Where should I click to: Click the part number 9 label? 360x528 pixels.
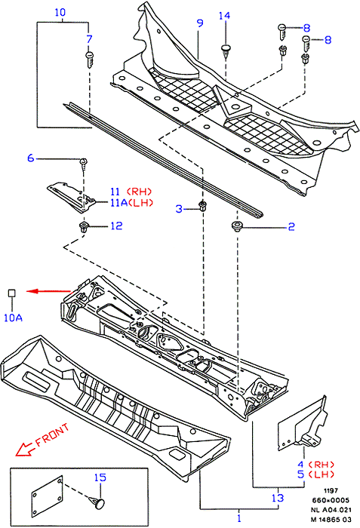click(x=200, y=23)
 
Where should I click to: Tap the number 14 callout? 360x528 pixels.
click(x=224, y=16)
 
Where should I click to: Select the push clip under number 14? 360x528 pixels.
click(x=226, y=51)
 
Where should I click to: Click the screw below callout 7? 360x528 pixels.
click(x=90, y=60)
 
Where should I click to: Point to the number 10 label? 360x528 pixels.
click(x=60, y=13)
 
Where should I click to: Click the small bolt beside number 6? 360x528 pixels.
click(x=83, y=162)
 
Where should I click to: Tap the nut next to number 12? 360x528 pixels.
click(x=82, y=227)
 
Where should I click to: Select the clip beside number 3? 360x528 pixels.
click(x=202, y=206)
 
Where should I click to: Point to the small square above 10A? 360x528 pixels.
click(x=12, y=293)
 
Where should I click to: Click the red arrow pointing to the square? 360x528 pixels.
click(x=48, y=291)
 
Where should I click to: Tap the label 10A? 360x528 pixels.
click(x=13, y=318)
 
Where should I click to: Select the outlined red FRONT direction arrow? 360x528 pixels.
click(x=24, y=450)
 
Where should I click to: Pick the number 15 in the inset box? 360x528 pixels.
click(x=100, y=477)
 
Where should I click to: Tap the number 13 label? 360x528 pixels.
click(x=278, y=498)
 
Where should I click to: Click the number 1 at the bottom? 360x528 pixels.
click(x=239, y=518)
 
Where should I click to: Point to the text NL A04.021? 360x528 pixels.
click(x=331, y=510)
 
